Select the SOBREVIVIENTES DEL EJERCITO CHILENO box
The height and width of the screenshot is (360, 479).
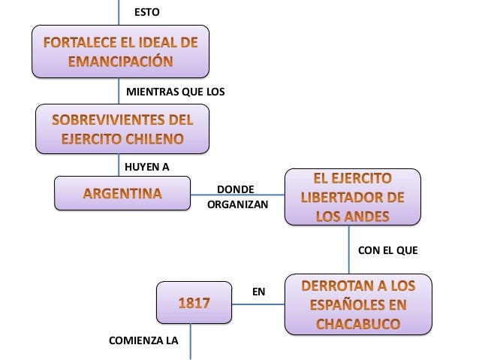(122, 129)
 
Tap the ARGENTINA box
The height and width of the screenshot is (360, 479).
(122, 195)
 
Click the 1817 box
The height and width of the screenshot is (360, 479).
(193, 304)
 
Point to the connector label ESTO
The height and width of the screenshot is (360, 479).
(146, 12)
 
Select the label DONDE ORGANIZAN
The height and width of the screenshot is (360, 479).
(236, 196)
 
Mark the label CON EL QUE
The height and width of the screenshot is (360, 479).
(387, 249)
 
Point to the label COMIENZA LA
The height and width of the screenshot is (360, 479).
(143, 340)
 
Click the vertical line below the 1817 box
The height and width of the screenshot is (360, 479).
(193, 342)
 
